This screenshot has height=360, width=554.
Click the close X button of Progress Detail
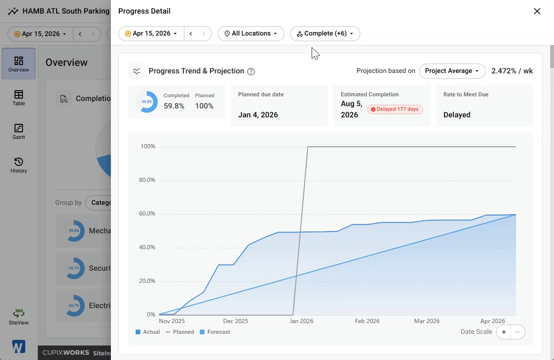tap(537, 11)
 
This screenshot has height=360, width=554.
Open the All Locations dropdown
tap(251, 34)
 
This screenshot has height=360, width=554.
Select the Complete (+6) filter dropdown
tap(325, 34)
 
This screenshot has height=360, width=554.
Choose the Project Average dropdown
tap(452, 71)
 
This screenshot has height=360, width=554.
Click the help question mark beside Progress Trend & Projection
tap(251, 71)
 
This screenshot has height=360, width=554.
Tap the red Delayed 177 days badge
tap(395, 109)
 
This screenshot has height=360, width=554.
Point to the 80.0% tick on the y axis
tap(147, 180)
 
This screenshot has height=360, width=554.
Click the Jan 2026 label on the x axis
tap(301, 321)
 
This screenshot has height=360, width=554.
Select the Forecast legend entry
tap(215, 332)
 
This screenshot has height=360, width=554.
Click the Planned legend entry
tap(180, 332)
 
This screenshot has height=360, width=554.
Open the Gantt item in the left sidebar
tap(19, 132)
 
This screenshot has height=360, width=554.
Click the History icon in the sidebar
tap(19, 162)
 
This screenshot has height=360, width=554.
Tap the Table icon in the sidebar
tap(19, 94)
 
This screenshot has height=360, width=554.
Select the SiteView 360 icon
tap(19, 313)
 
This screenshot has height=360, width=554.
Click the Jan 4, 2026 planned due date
tap(258, 115)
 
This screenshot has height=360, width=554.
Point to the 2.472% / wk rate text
tap(512, 71)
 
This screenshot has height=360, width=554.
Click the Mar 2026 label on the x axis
tap(427, 321)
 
